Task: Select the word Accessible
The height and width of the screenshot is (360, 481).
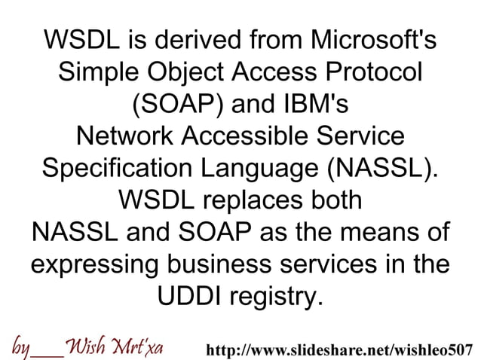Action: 250,137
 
